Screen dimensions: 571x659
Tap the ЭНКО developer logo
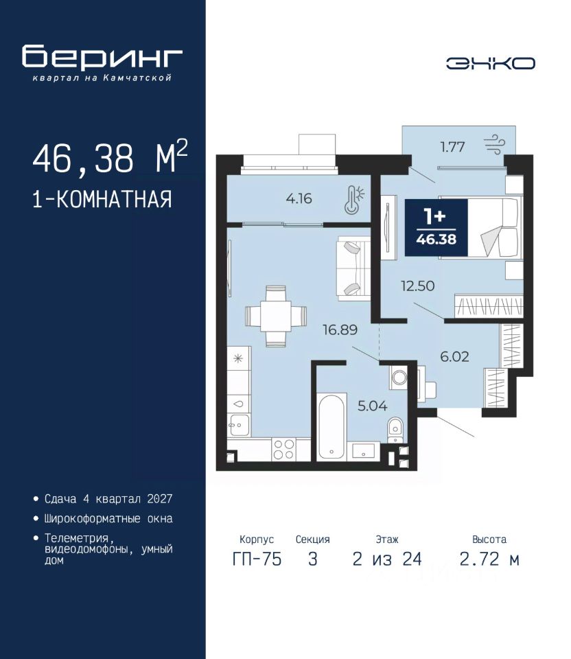pos(490,63)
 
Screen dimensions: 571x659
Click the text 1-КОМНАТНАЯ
pos(102,199)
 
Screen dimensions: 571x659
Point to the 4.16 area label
pos(299,198)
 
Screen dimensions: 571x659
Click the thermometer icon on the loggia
pos(353,199)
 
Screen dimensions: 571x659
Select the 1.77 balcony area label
pos(452,147)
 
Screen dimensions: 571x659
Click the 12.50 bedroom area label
pos(418,286)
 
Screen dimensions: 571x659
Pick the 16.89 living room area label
pos(340,329)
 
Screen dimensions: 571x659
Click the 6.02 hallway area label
pos(454,356)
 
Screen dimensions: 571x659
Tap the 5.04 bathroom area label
pos(372,406)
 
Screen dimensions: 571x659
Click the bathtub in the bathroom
pos(332,426)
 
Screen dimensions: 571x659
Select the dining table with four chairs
pos(276,316)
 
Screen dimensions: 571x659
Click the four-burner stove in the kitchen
pos(283,449)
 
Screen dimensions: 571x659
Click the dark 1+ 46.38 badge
pos(436,227)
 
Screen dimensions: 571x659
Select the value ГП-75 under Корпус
pos(257,559)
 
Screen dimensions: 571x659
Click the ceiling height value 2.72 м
pos(489,559)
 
